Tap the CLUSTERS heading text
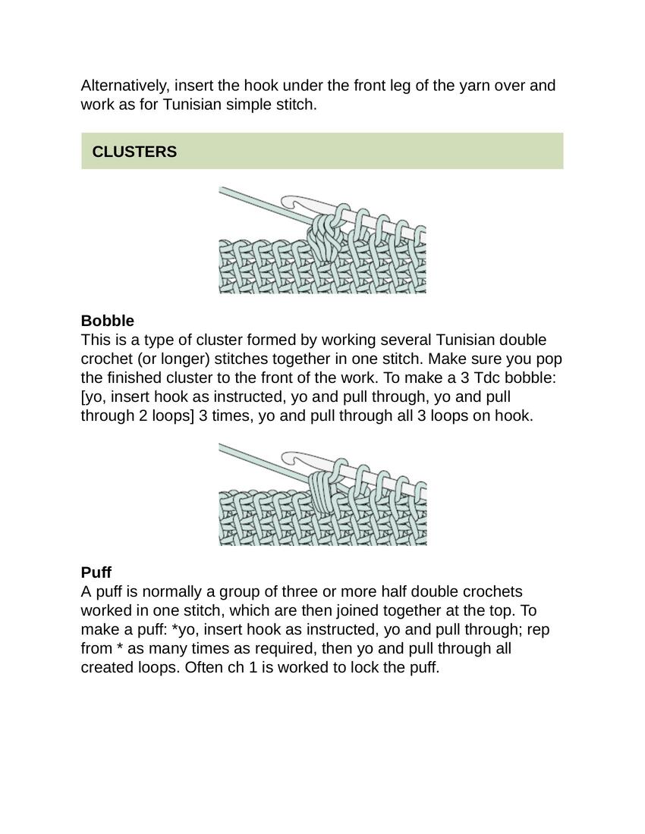coord(134,152)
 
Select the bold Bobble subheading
coord(107,321)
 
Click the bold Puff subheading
coord(96,572)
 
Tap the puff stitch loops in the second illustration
coord(323,493)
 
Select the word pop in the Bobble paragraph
coord(550,359)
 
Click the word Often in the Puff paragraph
coord(203,668)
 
